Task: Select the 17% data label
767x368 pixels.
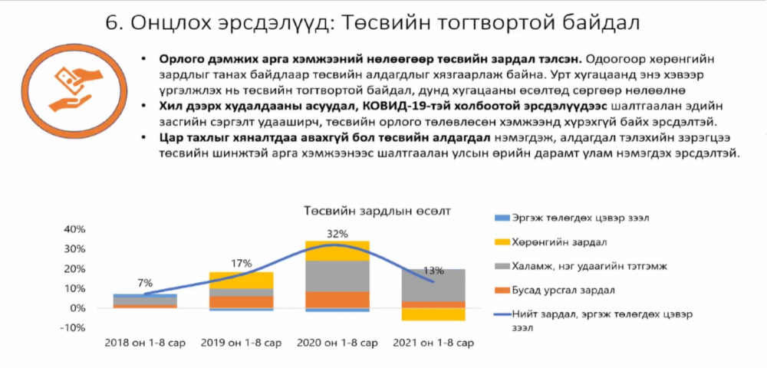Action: (x=241, y=260)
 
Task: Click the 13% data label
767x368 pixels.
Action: (x=434, y=271)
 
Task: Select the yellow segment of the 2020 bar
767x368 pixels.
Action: (x=337, y=251)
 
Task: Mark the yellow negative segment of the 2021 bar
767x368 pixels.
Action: (x=433, y=314)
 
